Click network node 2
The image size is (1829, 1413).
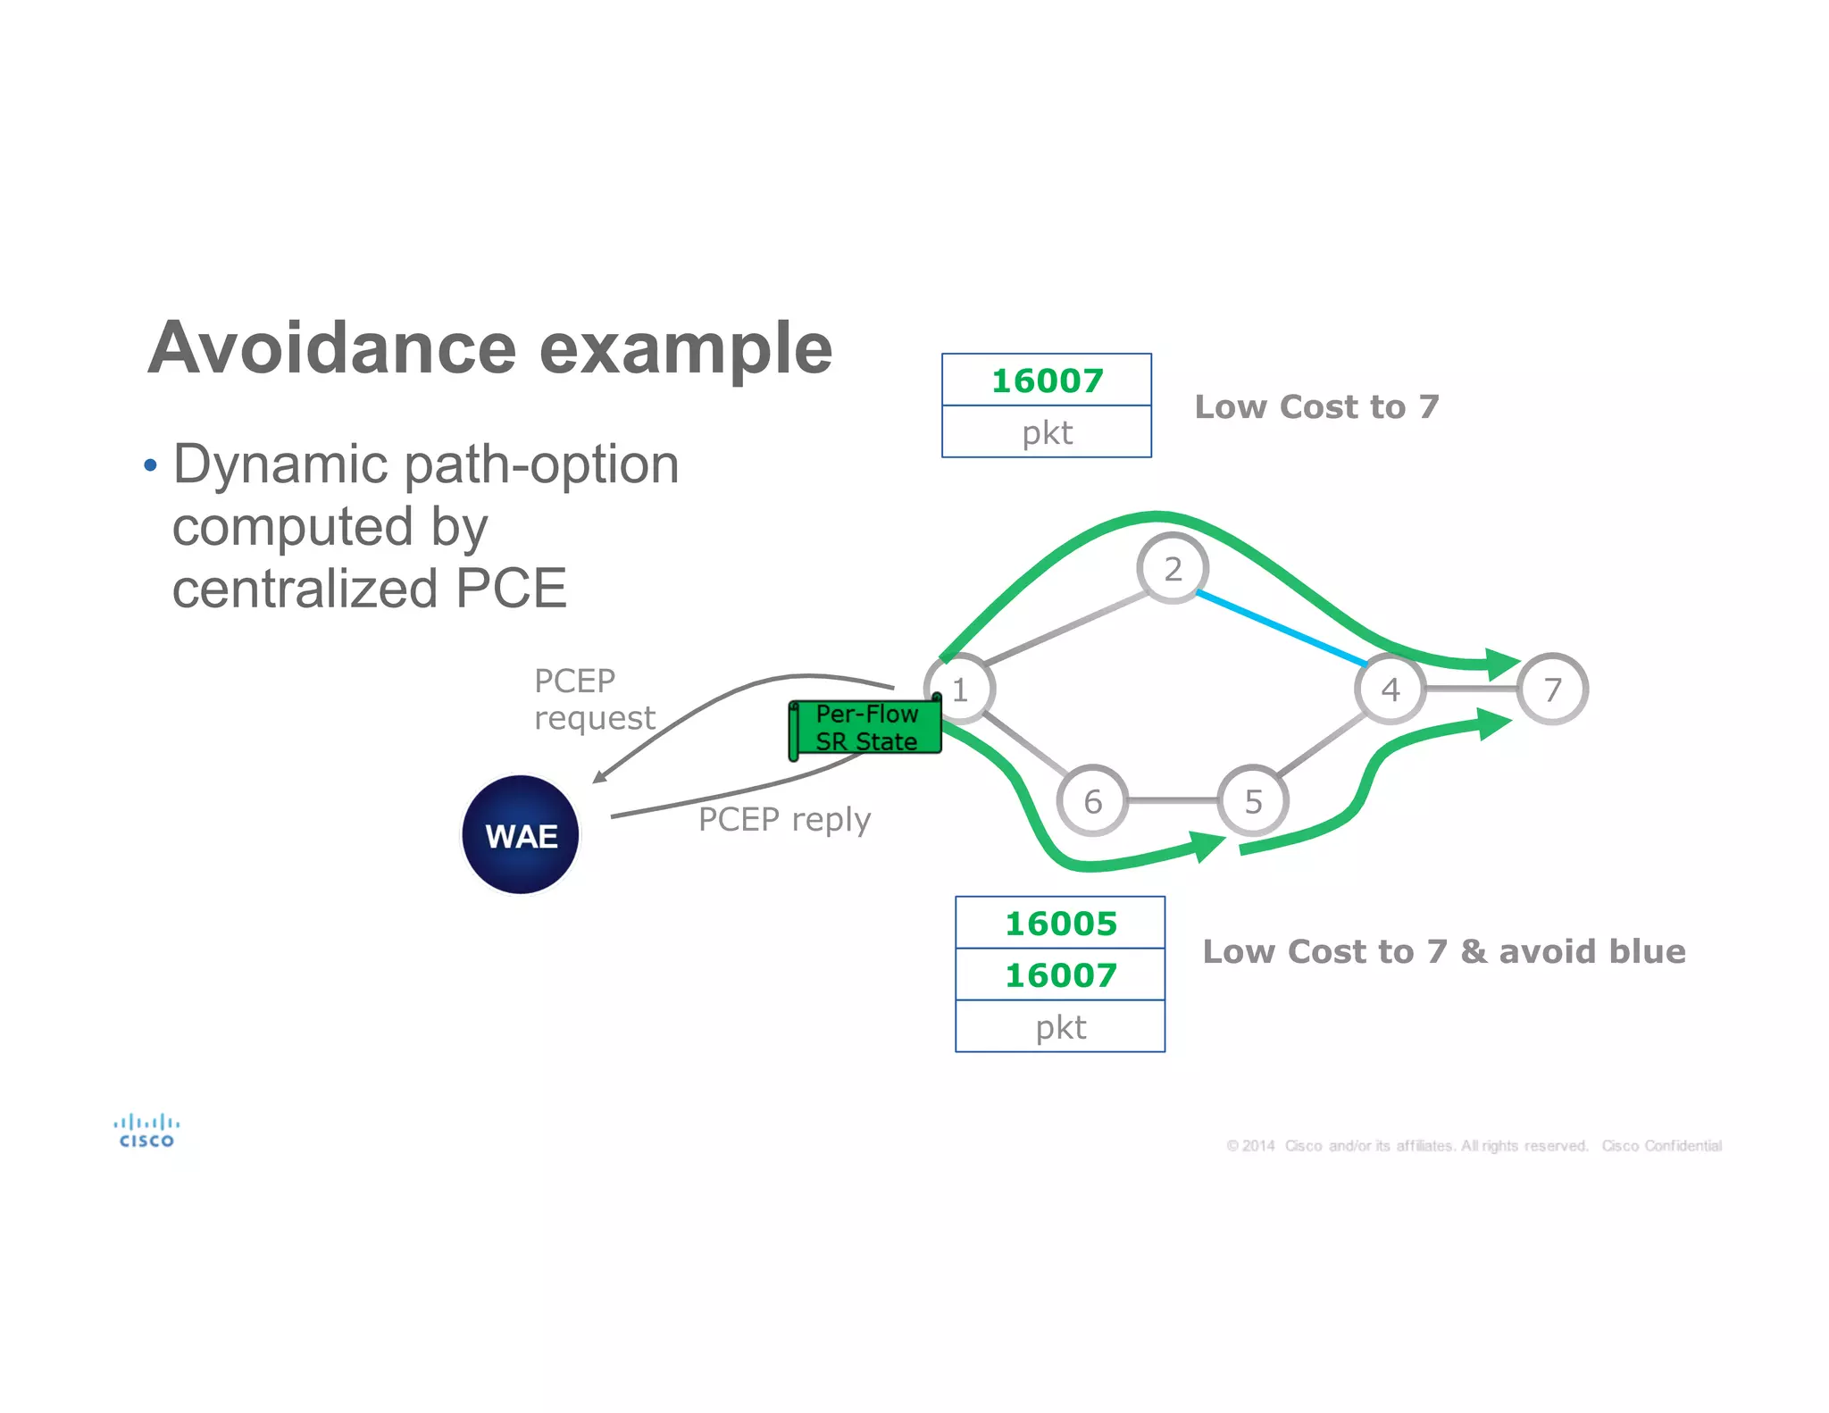[1173, 568]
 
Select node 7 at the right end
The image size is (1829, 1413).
[1553, 689]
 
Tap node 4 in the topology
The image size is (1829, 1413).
[1390, 689]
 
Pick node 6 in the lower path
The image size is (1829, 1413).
[1092, 801]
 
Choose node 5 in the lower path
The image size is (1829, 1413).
[1253, 801]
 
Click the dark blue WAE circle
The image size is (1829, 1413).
[521, 835]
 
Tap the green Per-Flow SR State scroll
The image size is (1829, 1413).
[865, 728]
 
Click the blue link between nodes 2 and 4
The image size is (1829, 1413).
[1282, 628]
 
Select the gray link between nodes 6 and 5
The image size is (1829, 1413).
[1173, 800]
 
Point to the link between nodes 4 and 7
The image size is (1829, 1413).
[1471, 689]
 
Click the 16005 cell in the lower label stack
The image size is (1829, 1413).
[1060, 923]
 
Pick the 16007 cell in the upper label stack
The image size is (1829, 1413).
[1047, 380]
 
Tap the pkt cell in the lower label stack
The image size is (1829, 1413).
[1060, 1026]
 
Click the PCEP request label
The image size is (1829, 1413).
[593, 699]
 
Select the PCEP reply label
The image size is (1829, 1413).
[784, 819]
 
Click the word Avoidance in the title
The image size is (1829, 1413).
[332, 348]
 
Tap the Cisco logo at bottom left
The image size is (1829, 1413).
[146, 1130]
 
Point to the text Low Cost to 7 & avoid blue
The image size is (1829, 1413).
[1443, 951]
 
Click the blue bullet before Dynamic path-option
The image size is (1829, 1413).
[150, 465]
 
